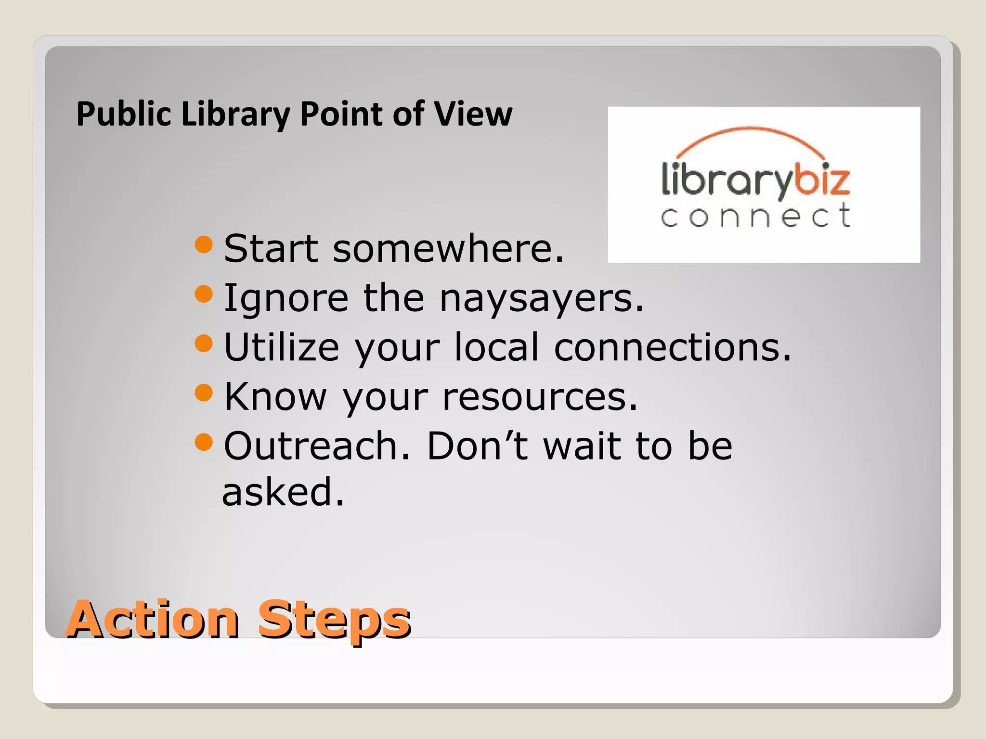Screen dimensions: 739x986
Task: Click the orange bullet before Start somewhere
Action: pyautogui.click(x=204, y=244)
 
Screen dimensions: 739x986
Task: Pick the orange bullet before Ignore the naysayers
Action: pyautogui.click(x=204, y=293)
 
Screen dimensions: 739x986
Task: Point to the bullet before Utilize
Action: pyautogui.click(x=204, y=343)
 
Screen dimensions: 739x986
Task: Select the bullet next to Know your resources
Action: pyautogui.click(x=204, y=393)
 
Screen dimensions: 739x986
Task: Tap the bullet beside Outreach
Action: pyautogui.click(x=204, y=442)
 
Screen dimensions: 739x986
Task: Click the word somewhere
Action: pyautogui.click(x=448, y=249)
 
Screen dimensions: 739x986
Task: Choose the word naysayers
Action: pyautogui.click(x=542, y=299)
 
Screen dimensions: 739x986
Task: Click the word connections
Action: pyautogui.click(x=672, y=347)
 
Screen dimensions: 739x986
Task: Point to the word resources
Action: pyautogui.click(x=539, y=397)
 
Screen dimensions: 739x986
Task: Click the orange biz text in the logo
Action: pyautogui.click(x=821, y=180)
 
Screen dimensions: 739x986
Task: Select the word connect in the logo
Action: pyautogui.click(x=755, y=216)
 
